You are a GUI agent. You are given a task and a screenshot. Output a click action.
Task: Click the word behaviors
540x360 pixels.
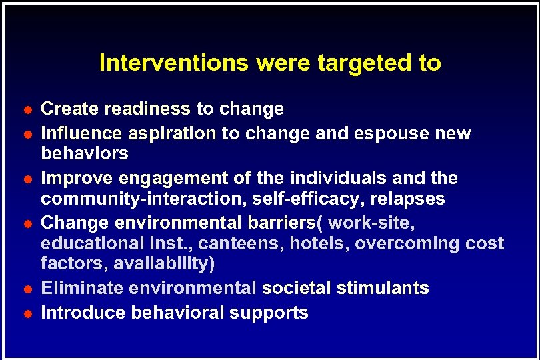coord(85,153)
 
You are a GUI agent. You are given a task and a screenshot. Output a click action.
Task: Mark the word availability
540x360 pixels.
coord(164,264)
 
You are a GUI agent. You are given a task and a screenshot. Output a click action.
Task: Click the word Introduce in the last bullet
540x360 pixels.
coord(83,313)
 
